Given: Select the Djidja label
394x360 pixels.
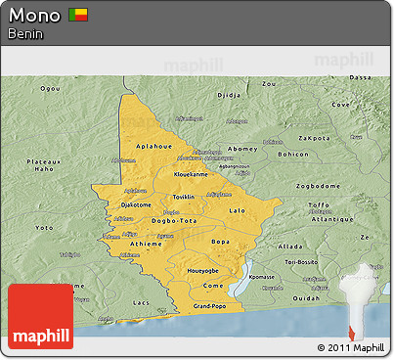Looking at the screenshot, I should point(228,96).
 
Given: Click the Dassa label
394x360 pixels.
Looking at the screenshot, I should point(361,76).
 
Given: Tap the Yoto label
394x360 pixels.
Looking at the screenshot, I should point(45,227).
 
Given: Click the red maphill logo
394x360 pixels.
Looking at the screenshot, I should point(40,316).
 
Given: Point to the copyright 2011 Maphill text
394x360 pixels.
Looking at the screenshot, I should point(351,347).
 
